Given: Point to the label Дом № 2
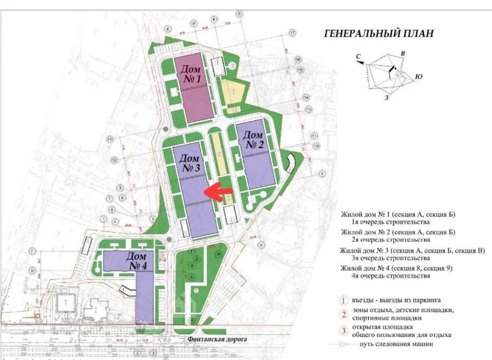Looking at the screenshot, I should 256,139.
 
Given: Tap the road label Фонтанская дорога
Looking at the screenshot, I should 217,340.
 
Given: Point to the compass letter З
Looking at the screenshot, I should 387,98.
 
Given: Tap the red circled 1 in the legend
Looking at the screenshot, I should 344,300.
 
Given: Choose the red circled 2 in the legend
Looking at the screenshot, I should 344,315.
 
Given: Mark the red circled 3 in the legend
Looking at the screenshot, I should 344,331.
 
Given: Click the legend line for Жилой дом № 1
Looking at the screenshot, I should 397,214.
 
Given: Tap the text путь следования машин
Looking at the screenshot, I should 395,345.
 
